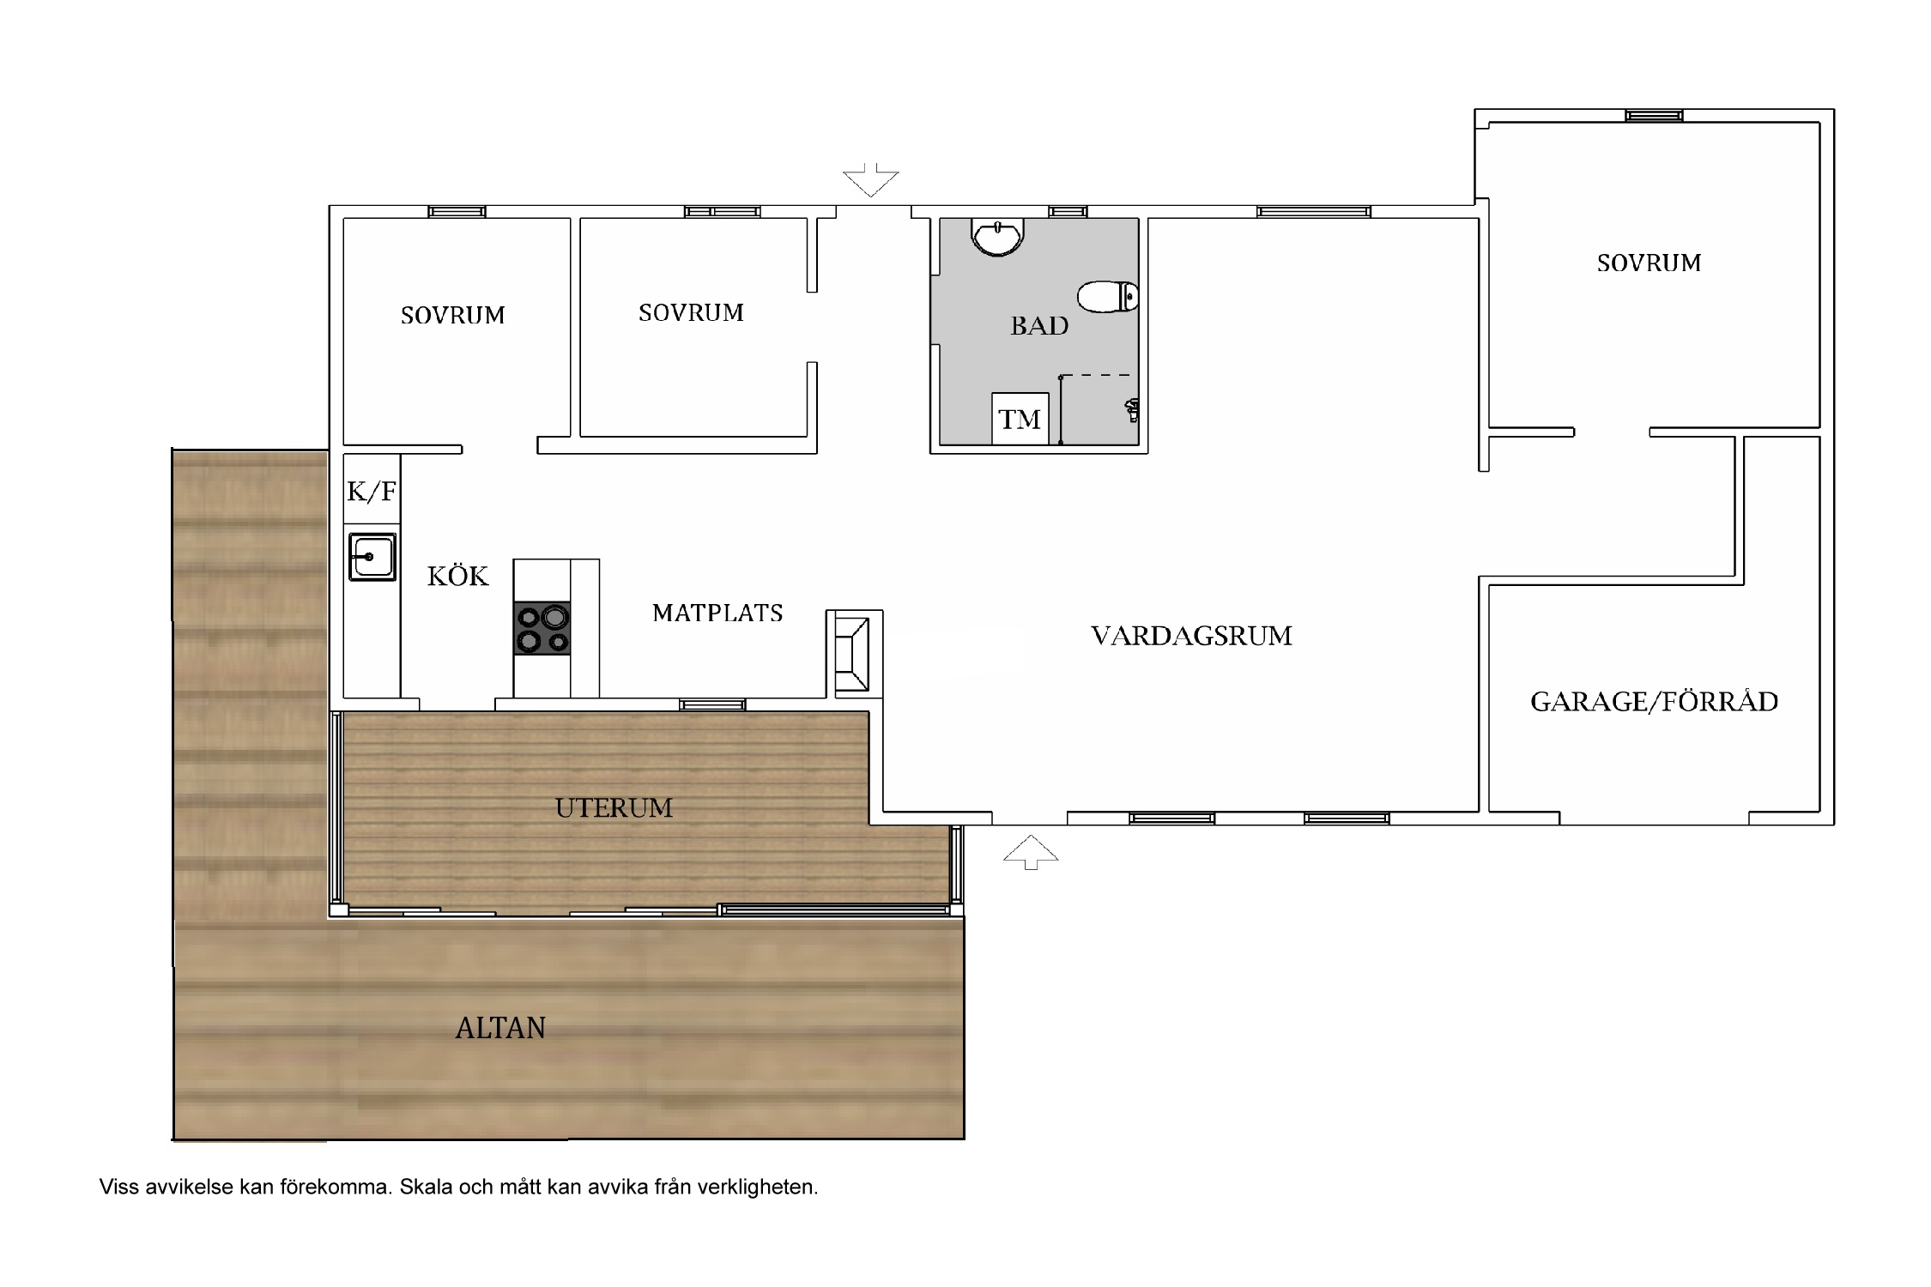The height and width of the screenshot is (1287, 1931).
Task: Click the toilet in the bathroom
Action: point(1108,297)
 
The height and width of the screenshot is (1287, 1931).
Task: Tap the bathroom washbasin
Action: point(997,237)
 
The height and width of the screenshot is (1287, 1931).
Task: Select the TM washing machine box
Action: point(1020,419)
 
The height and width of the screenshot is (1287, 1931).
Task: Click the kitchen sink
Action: point(372,557)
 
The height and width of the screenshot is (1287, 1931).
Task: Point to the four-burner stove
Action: point(542,629)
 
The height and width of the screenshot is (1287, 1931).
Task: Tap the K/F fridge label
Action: point(372,492)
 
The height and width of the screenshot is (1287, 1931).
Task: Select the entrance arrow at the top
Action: point(871,179)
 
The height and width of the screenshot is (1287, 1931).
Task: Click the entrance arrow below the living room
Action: point(1031,852)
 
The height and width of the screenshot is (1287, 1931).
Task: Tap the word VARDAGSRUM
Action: point(1191,636)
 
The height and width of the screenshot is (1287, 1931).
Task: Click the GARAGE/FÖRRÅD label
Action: point(1654,701)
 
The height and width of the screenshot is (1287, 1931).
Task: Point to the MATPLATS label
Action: point(717,613)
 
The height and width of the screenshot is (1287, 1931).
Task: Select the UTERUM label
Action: point(614,807)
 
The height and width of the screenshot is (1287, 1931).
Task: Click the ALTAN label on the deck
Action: point(500,1028)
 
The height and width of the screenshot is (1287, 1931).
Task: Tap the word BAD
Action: point(1039,326)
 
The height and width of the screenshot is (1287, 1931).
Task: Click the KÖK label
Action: point(458,575)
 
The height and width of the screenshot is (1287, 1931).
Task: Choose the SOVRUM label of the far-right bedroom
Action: point(1649,263)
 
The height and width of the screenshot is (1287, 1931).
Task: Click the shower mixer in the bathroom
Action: point(1132,410)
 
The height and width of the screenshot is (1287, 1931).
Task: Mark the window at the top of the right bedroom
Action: point(1654,116)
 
